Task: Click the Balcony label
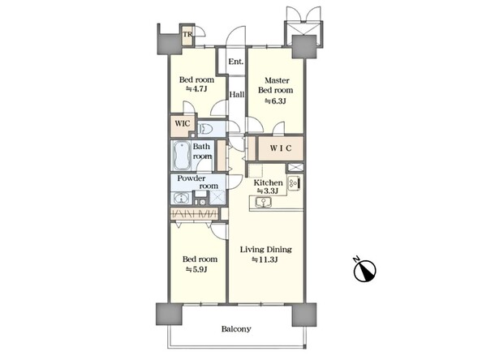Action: (236, 329)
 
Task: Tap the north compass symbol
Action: (364, 270)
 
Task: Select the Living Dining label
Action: (265, 249)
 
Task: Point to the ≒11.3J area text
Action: (265, 259)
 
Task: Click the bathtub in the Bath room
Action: (182, 156)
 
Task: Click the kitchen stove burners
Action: (294, 183)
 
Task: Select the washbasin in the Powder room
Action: (182, 198)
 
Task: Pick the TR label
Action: (187, 34)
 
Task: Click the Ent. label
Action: (236, 62)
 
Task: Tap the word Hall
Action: (237, 94)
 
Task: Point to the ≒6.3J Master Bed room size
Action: (275, 101)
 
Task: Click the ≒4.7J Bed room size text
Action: (196, 89)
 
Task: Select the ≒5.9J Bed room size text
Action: (196, 269)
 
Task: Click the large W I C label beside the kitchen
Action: (281, 148)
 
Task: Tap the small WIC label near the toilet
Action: (183, 124)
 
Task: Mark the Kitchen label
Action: (268, 182)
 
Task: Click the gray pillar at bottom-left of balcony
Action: (169, 315)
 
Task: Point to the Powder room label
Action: (198, 182)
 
